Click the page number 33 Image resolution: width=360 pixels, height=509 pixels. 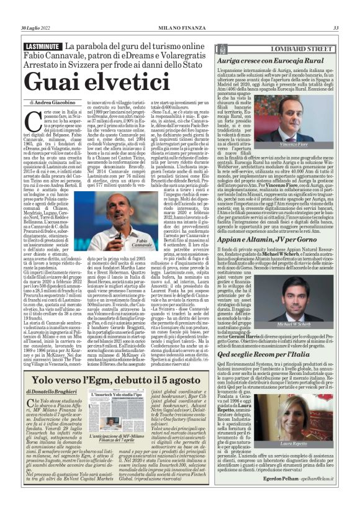pyautogui.click(x=336, y=27)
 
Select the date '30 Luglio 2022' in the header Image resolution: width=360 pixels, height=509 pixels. pyautogui.click(x=38, y=27)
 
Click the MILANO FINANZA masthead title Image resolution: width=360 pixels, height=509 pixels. pyautogui.click(x=179, y=27)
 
